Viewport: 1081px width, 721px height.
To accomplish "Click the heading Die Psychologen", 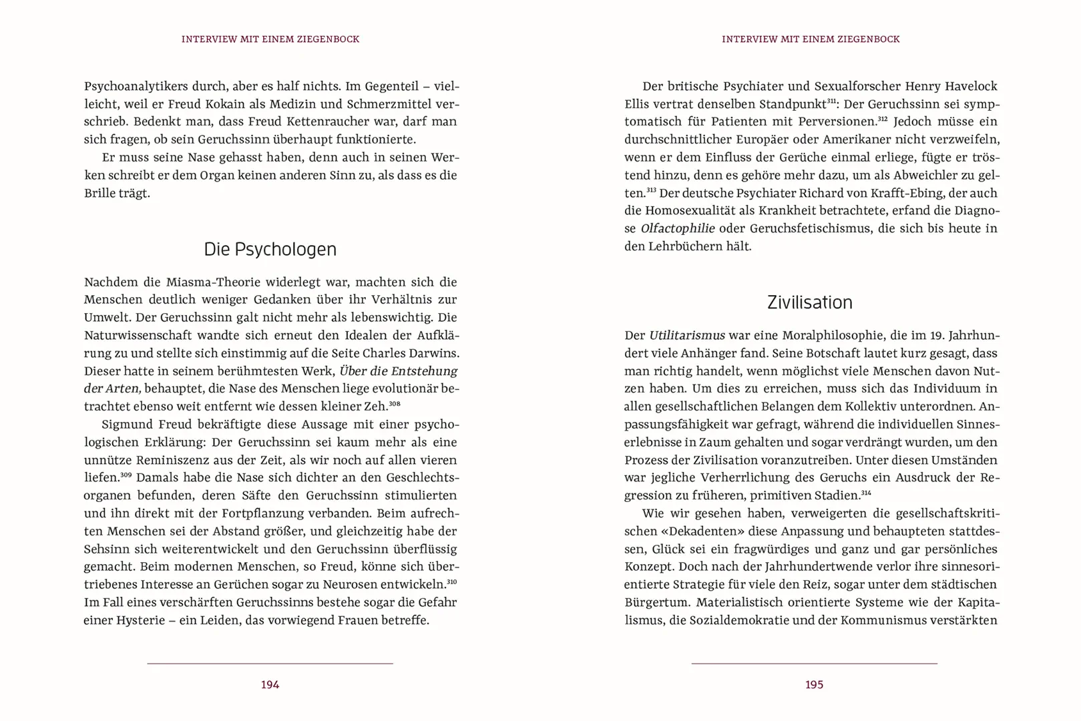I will point(270,249).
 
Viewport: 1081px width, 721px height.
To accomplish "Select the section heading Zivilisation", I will point(809,302).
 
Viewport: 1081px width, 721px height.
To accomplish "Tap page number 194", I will point(270,684).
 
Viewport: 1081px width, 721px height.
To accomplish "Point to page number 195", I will point(814,684).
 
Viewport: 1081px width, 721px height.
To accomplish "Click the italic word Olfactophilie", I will point(677,228).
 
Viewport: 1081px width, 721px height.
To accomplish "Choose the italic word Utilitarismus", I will point(687,335).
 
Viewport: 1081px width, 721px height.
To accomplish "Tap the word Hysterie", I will point(140,620).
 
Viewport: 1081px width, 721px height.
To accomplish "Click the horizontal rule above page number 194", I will point(270,664).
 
